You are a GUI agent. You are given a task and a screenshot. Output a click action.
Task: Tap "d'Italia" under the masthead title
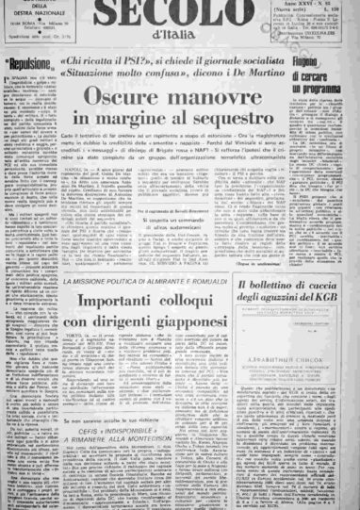(172, 40)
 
